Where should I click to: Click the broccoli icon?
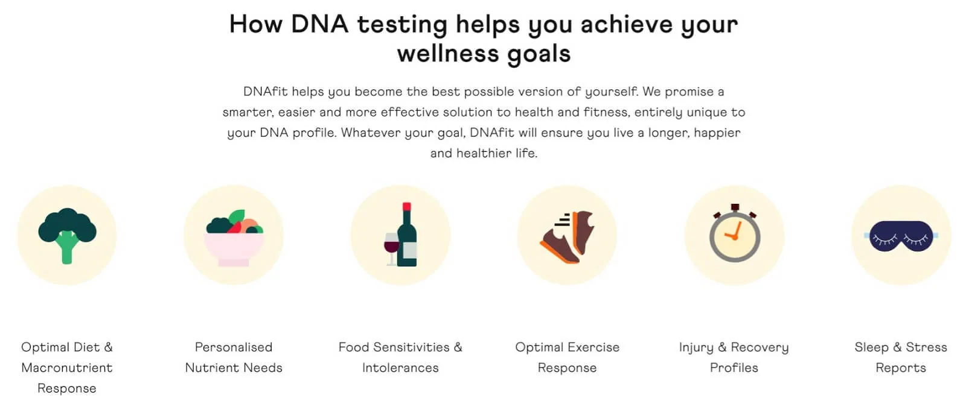[x=67, y=235]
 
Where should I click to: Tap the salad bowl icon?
[x=234, y=238]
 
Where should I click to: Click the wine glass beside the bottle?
[x=392, y=249]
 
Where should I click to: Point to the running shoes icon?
[x=567, y=237]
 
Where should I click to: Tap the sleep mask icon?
[x=901, y=236]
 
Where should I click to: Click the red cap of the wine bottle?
[x=407, y=207]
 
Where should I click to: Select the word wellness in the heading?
[x=447, y=54]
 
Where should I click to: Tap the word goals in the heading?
[x=539, y=54]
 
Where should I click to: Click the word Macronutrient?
[x=67, y=368]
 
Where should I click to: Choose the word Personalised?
[x=234, y=347]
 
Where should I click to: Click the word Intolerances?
[x=400, y=368]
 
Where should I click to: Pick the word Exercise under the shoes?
[x=593, y=347]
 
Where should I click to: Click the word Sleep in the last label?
[x=872, y=348]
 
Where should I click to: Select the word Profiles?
[x=734, y=368]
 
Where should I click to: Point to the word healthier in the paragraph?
[x=484, y=153]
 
